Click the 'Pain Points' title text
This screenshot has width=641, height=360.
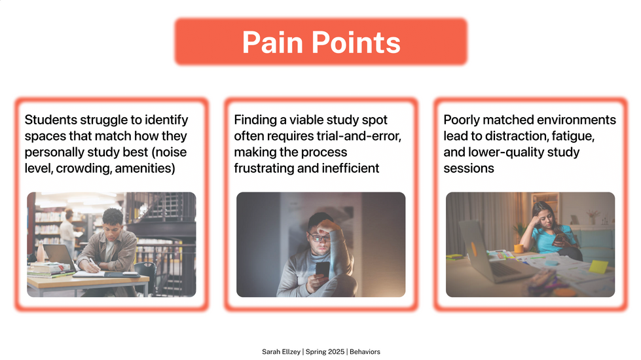(x=321, y=42)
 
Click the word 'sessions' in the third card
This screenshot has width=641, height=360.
(x=469, y=168)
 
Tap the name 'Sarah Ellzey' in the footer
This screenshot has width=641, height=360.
(x=281, y=351)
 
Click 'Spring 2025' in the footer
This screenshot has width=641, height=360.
(x=325, y=351)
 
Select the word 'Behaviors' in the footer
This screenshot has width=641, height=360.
(x=365, y=351)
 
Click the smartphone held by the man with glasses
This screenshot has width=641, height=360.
(x=322, y=269)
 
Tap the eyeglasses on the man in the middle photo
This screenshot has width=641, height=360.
(x=318, y=238)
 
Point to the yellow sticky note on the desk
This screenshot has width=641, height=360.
(x=598, y=266)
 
